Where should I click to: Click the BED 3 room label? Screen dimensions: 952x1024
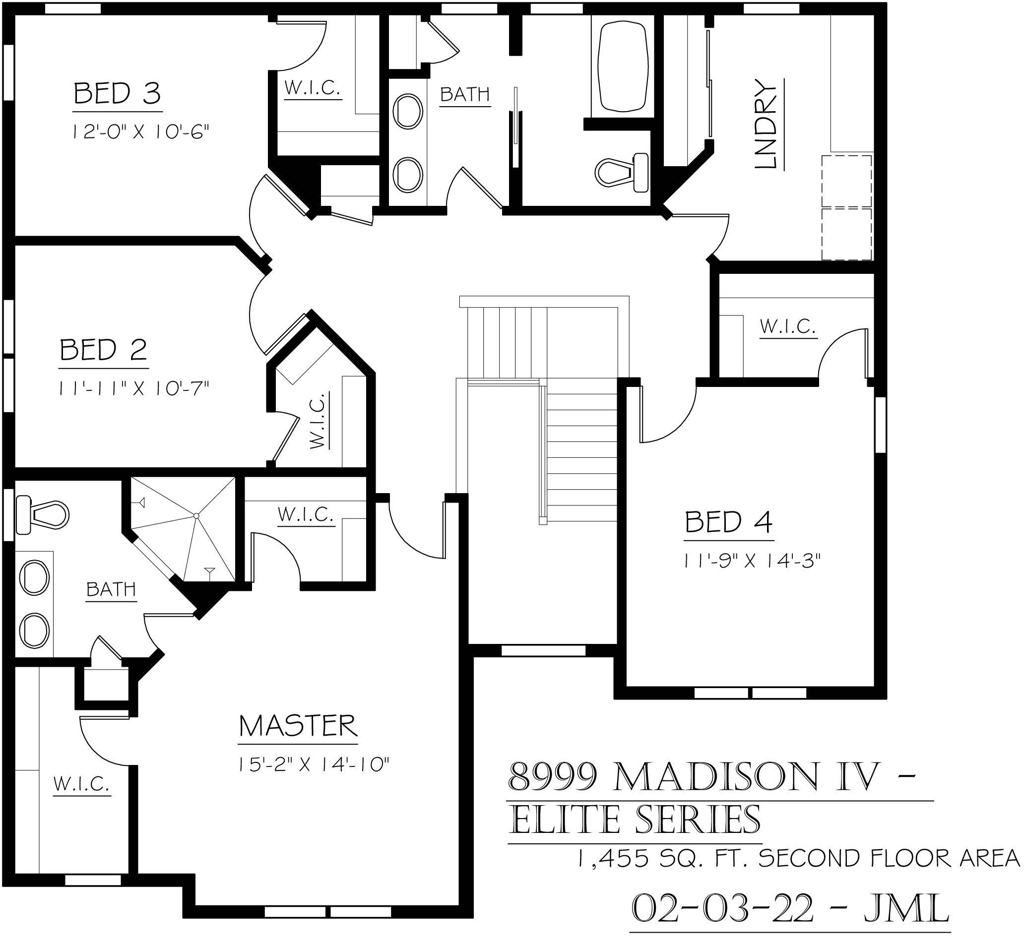tap(118, 94)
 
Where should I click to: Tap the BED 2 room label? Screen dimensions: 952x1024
tap(104, 350)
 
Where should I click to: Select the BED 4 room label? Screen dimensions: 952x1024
tap(728, 522)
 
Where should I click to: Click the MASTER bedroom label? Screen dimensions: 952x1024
tap(298, 726)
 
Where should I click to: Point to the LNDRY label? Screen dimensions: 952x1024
tap(766, 124)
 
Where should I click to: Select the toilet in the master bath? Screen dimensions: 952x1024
tap(42, 513)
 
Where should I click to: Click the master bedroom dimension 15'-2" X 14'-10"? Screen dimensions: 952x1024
tap(313, 764)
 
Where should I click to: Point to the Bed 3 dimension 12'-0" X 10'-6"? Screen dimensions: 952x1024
tap(140, 132)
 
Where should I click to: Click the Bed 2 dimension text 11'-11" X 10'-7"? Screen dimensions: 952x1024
tap(134, 388)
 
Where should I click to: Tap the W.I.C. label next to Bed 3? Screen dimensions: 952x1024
tap(313, 89)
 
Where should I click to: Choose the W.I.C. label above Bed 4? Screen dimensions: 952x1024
tap(787, 326)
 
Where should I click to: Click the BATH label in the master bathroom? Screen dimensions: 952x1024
tap(111, 589)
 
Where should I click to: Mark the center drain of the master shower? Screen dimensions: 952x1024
tap(196, 515)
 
